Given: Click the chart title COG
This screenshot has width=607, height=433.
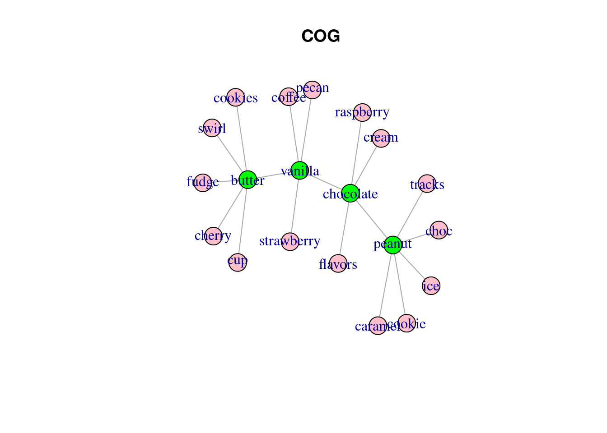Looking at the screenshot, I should [320, 36].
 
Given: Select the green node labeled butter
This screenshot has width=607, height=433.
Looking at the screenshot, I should [247, 180].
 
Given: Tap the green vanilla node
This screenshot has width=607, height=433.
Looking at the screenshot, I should [299, 170].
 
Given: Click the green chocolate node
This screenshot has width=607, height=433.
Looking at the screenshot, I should [350, 193].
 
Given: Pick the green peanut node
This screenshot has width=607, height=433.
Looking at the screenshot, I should [393, 245].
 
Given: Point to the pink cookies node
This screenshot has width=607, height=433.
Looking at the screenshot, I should [235, 97].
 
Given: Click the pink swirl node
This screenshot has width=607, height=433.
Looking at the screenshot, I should [212, 128].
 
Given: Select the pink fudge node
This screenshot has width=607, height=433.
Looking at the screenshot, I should [203, 183].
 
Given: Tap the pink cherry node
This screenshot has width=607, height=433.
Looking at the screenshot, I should [213, 236].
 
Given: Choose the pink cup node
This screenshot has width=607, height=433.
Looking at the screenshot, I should [238, 263].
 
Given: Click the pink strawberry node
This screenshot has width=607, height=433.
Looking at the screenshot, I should [290, 242].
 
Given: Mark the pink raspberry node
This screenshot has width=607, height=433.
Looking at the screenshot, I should [362, 112].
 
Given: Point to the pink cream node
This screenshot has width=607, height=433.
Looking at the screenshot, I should [381, 138].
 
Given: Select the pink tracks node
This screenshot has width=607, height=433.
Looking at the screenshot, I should [427, 184].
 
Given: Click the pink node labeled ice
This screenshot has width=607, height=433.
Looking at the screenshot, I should [431, 286].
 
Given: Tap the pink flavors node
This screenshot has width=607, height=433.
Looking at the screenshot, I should [338, 263].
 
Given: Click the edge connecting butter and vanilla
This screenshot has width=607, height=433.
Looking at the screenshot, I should [273, 175].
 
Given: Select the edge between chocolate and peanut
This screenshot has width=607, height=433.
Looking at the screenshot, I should [371, 219].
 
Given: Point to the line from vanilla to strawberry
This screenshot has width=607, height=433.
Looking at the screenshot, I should [295, 206].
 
